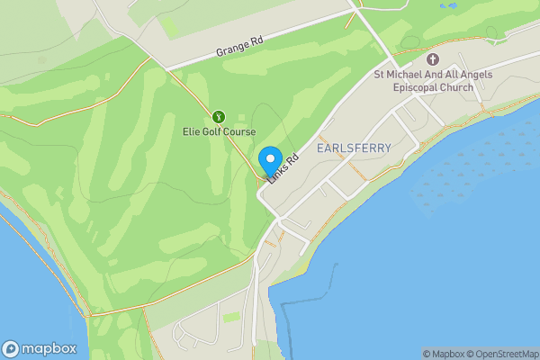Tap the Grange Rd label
point(238,47)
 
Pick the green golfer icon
point(217,116)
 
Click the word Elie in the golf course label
point(192,132)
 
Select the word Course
point(239,132)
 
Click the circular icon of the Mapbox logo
point(12,348)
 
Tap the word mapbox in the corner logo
point(49,348)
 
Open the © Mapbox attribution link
point(446,354)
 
